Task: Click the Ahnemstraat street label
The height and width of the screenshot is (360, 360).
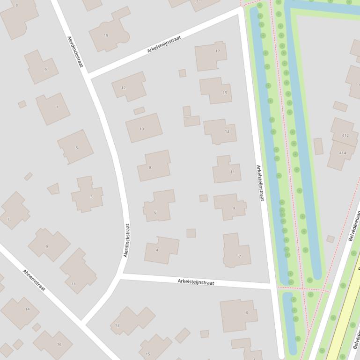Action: pos(34,280)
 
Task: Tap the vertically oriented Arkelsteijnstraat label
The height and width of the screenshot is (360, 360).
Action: pos(260,183)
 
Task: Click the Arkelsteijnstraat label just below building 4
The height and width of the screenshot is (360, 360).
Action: pos(196,282)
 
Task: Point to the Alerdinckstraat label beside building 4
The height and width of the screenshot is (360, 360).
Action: pos(126,240)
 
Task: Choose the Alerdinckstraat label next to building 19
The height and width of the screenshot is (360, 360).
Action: pos(75,52)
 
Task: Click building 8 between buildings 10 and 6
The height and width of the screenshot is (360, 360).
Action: pos(154,166)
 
